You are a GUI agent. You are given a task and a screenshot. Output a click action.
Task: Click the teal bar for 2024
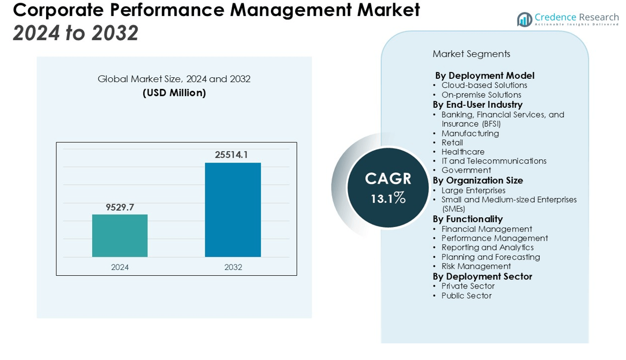pos(120,236)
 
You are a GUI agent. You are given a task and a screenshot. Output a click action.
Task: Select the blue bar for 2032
pos(233,210)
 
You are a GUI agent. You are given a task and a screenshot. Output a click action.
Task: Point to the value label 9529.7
pos(120,207)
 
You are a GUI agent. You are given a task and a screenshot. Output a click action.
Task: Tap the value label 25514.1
pos(231,155)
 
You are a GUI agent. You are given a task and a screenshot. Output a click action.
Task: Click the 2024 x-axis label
pos(120,267)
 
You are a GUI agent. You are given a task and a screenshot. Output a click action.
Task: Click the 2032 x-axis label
pos(233,267)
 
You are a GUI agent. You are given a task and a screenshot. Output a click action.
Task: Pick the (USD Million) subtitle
pos(174,93)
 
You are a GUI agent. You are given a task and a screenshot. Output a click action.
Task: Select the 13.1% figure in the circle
pos(388,199)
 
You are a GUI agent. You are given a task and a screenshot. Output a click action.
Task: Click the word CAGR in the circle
pos(388,179)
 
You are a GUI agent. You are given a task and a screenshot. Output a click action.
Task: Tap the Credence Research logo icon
pos(524,20)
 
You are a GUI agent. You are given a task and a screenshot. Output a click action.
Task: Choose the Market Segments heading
pos(471,54)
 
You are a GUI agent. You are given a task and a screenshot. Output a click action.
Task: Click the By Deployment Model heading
pos(484,76)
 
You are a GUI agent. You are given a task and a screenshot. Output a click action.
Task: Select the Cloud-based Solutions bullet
pos(484,85)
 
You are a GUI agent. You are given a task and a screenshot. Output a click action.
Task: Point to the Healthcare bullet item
pos(462,152)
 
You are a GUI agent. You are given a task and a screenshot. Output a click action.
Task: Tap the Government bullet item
pos(466,171)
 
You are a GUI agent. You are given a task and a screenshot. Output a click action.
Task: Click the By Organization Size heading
pos(477,180)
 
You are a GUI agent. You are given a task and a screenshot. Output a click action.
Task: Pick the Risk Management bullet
pos(476,266)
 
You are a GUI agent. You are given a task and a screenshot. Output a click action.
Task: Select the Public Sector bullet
pos(466,296)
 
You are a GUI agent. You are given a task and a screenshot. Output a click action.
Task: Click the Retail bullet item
pos(452,143)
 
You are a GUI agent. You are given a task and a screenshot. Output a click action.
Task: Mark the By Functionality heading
pos(467,219)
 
